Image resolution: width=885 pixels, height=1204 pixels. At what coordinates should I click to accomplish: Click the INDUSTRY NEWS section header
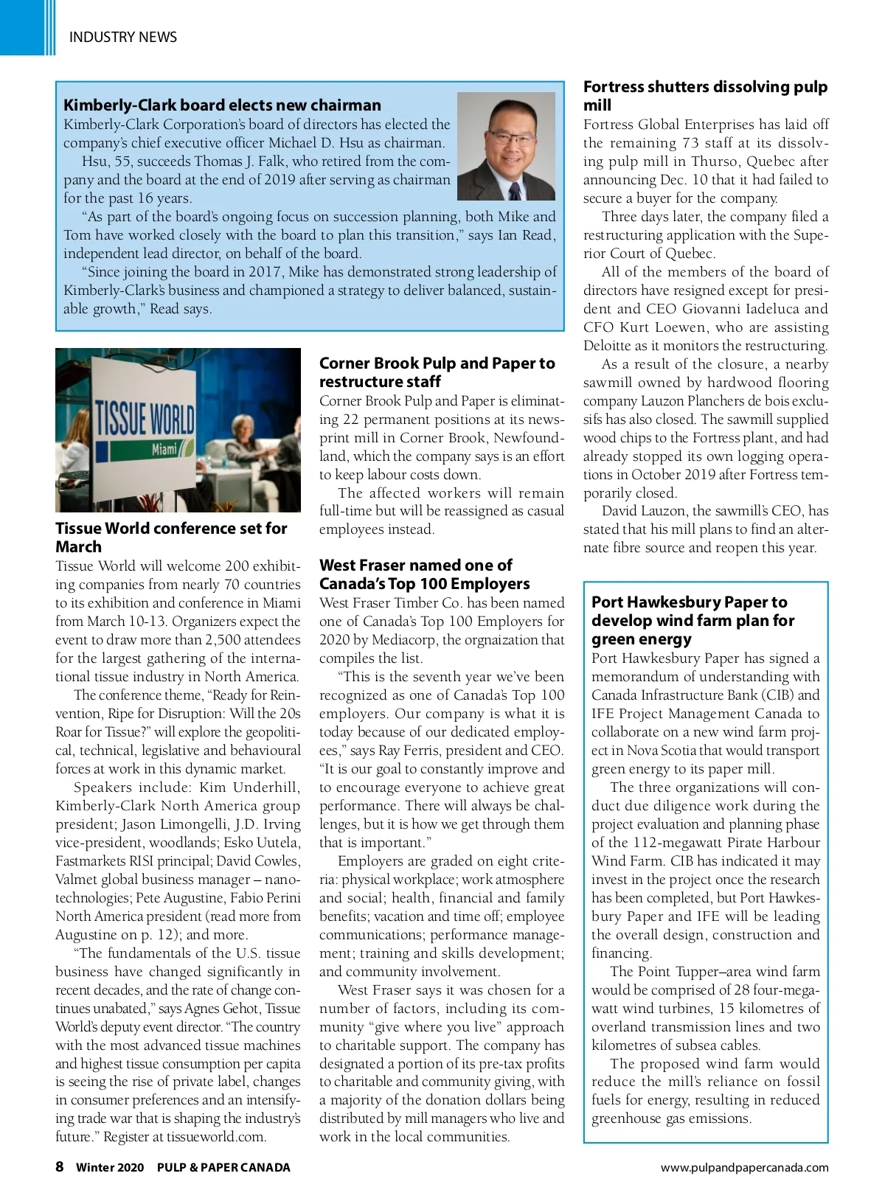[122, 37]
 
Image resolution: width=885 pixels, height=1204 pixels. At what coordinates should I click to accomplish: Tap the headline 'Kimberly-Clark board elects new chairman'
[222, 105]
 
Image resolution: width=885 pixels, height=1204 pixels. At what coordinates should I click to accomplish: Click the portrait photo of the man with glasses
[506, 146]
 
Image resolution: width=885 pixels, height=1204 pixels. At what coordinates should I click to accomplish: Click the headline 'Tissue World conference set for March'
[170, 537]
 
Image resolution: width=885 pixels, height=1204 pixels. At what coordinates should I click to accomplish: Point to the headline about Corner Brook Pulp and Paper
[437, 372]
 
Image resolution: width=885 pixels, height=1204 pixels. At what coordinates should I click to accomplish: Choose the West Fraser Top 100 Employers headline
[424, 574]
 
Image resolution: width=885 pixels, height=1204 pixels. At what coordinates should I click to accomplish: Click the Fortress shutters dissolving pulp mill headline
[705, 96]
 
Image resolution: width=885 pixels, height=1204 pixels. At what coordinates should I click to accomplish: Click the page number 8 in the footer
[60, 1167]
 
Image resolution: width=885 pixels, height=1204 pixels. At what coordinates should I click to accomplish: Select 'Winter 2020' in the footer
[110, 1168]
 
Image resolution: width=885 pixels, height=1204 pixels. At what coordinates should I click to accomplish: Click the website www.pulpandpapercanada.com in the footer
[744, 1168]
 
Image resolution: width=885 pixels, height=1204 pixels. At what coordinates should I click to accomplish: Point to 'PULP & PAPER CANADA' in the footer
[223, 1168]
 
